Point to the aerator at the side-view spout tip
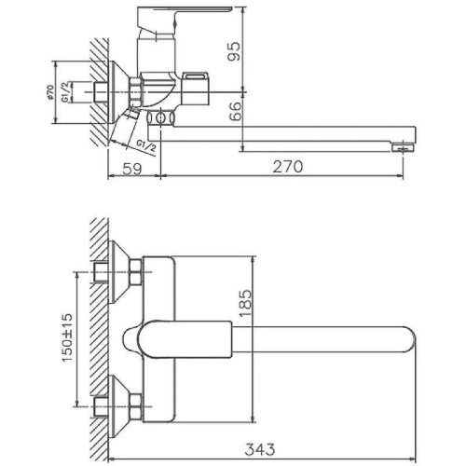[403, 146]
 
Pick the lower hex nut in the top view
[134, 404]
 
